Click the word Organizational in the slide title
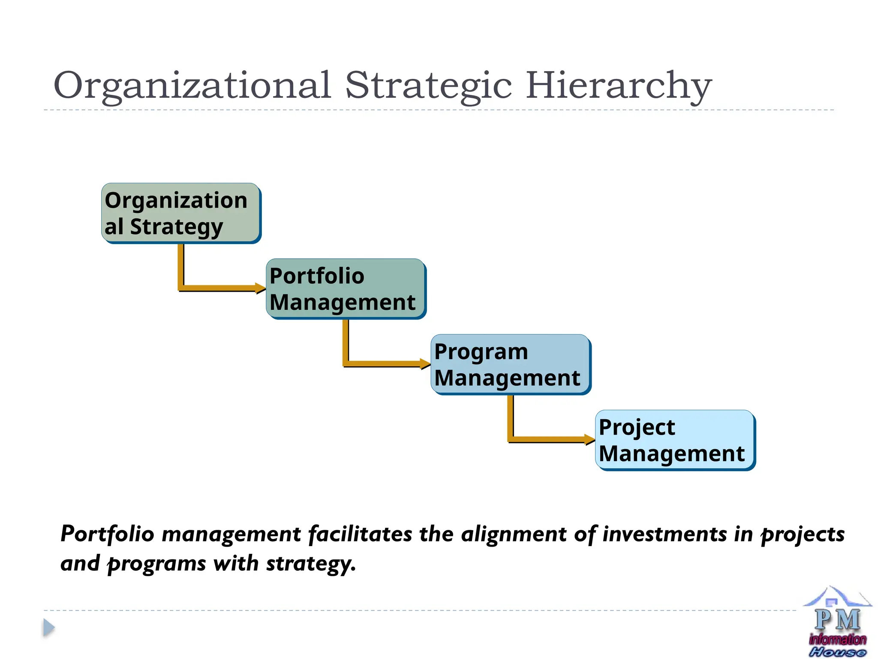(192, 86)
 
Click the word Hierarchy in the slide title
(618, 86)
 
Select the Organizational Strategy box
(181, 213)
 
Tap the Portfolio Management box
(346, 289)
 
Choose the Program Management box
(510, 364)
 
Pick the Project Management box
(675, 440)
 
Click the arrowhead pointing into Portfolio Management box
(261, 288)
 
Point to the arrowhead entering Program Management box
(425, 364)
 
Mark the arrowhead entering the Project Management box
(590, 439)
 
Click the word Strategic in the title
(428, 86)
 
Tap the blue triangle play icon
(49, 628)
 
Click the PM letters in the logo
(837, 620)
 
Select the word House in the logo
(837, 653)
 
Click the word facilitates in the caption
(360, 535)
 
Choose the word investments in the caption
(665, 535)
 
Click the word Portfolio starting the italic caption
(107, 535)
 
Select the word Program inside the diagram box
(481, 352)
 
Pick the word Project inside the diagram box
(637, 428)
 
